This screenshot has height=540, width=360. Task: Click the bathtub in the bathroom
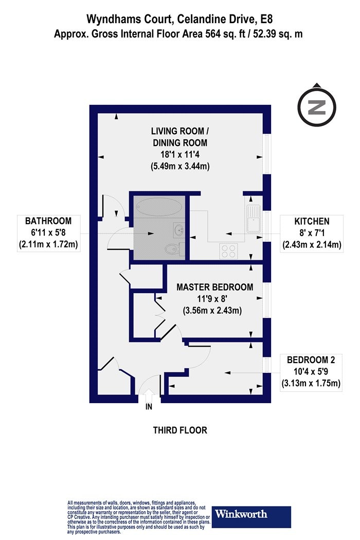[158, 208]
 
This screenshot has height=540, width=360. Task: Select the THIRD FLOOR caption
[180, 430]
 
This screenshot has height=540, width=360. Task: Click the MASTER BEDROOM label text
[215, 287]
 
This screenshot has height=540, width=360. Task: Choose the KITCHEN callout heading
[311, 221]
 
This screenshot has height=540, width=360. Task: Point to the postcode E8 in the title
[266, 20]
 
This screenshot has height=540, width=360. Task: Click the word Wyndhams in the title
[112, 20]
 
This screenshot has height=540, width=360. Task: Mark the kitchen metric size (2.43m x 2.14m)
[311, 245]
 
